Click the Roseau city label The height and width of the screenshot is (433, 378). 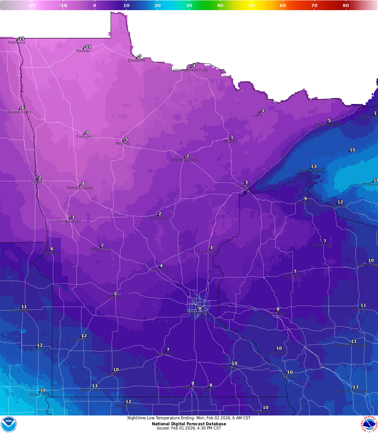pos(83,51)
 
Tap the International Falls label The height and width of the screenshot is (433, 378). pos(191,70)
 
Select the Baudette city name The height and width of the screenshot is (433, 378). pos(136,60)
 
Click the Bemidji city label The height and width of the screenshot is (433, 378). pos(123,144)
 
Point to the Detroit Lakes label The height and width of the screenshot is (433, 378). pos(80,188)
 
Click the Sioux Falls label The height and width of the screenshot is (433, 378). pos(40,394)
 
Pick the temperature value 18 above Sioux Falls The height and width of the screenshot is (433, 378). pos(43,390)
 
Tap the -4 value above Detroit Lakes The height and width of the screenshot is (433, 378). pos(82,183)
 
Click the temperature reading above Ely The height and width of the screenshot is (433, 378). pos(262,110)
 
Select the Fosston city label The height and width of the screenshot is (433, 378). pos(84,137)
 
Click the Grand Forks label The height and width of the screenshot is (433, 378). pos(19,112)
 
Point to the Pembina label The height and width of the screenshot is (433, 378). pos(17,43)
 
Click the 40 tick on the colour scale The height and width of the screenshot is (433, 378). pos(220,5)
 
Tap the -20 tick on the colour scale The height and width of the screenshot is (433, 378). pos(31,5)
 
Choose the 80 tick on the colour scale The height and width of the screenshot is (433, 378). pos(346,5)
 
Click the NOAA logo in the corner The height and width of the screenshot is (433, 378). pos(8,424)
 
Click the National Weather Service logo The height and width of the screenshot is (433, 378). pos(369,424)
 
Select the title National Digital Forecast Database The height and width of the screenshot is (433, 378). pos(189,424)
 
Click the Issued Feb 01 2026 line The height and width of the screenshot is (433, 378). pos(189,428)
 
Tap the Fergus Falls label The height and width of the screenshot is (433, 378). pos(69,221)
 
